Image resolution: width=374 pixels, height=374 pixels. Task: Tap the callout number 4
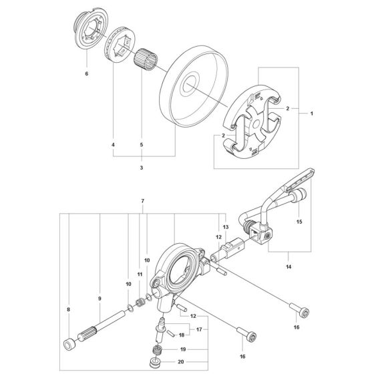(x=113, y=145)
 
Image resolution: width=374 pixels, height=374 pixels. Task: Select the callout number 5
(x=141, y=145)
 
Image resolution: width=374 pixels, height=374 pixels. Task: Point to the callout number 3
(x=141, y=168)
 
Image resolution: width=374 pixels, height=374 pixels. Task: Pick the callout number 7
(x=142, y=201)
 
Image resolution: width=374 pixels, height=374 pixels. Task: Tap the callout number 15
(x=299, y=222)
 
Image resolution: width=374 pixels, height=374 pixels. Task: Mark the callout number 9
(x=99, y=298)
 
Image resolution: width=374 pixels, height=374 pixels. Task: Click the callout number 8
(x=68, y=310)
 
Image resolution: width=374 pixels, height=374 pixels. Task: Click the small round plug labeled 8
(x=67, y=345)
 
